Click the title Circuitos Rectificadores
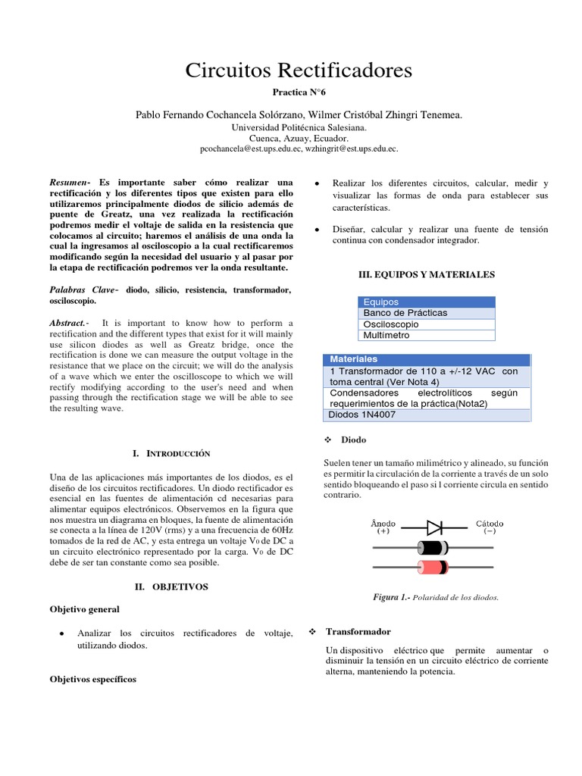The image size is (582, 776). (x=299, y=70)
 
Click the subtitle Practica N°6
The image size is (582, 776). (x=298, y=92)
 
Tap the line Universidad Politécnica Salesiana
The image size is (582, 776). (x=299, y=127)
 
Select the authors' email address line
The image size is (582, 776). (x=299, y=150)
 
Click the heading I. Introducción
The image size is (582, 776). (x=171, y=453)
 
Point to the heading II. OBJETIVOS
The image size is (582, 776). (x=171, y=587)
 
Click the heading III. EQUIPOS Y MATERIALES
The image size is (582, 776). (x=426, y=274)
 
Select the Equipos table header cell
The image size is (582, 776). (x=426, y=302)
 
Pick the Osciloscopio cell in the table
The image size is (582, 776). (x=426, y=324)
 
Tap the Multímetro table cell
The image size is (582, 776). (x=426, y=335)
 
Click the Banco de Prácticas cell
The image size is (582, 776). (x=426, y=313)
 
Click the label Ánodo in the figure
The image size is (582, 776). (x=383, y=524)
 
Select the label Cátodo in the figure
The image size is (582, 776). (x=490, y=524)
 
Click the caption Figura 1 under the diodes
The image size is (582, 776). (x=436, y=598)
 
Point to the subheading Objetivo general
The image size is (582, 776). (x=84, y=609)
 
